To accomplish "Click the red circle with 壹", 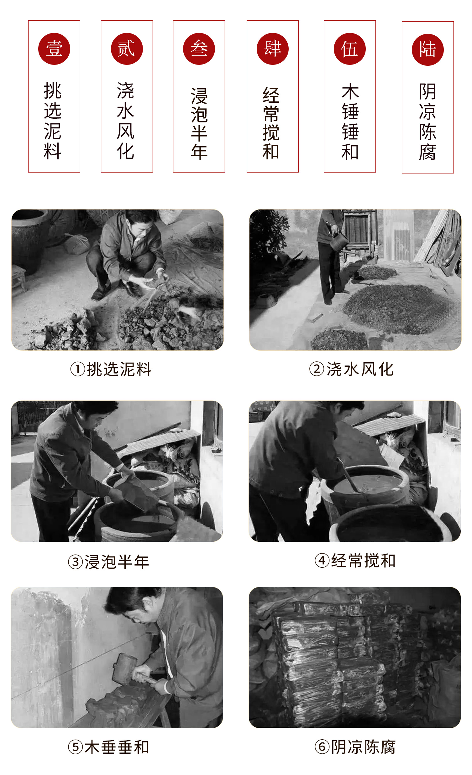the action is tap(54, 49).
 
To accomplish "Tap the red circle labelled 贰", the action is tap(127, 49).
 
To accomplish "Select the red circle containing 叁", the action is tap(199, 49).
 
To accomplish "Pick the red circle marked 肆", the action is tap(273, 49).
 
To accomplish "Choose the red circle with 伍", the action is tap(350, 49).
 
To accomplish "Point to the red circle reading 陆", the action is tap(428, 50).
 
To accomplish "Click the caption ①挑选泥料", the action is tap(111, 369).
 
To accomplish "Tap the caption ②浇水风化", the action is tap(351, 369).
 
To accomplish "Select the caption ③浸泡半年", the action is tap(109, 562).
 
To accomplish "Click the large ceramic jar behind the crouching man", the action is tap(29, 240).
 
